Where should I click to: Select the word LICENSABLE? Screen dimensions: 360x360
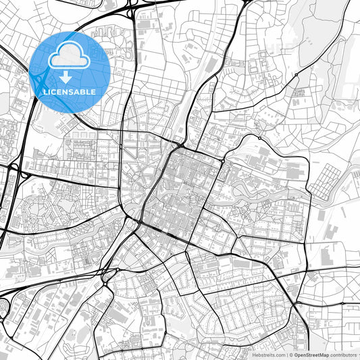(69, 91)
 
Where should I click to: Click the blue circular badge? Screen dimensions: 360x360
(70, 71)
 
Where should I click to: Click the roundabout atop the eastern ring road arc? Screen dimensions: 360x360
(259, 138)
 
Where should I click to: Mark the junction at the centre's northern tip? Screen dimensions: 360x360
(180, 145)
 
